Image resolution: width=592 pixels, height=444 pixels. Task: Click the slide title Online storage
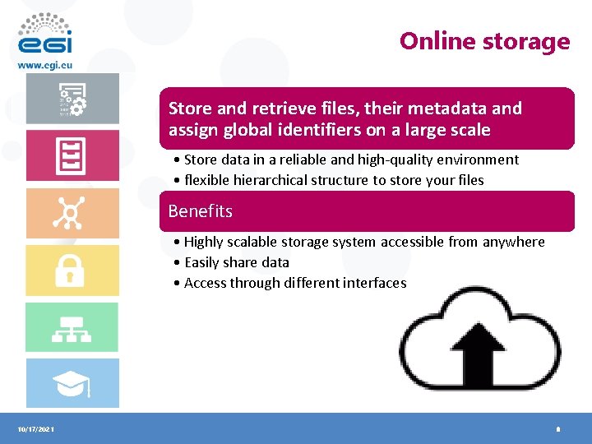[484, 41]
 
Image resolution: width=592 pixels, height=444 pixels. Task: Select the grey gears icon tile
[72, 99]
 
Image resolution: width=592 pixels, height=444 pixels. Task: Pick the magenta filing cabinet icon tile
[72, 155]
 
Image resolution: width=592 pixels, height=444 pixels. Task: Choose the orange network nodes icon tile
[72, 214]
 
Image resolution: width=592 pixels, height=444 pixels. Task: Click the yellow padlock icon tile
[72, 271]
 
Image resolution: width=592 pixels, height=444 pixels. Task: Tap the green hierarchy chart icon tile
[72, 327]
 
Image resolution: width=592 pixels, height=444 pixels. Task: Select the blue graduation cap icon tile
[72, 383]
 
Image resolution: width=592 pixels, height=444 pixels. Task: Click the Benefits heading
[201, 211]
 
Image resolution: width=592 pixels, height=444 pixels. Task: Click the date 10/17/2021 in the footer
[35, 430]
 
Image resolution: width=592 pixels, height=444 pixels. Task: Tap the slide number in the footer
[557, 430]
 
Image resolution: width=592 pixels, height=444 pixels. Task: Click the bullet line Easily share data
[237, 262]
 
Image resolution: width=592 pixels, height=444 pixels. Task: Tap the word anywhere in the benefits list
[513, 242]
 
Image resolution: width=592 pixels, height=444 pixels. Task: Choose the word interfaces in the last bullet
[376, 283]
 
